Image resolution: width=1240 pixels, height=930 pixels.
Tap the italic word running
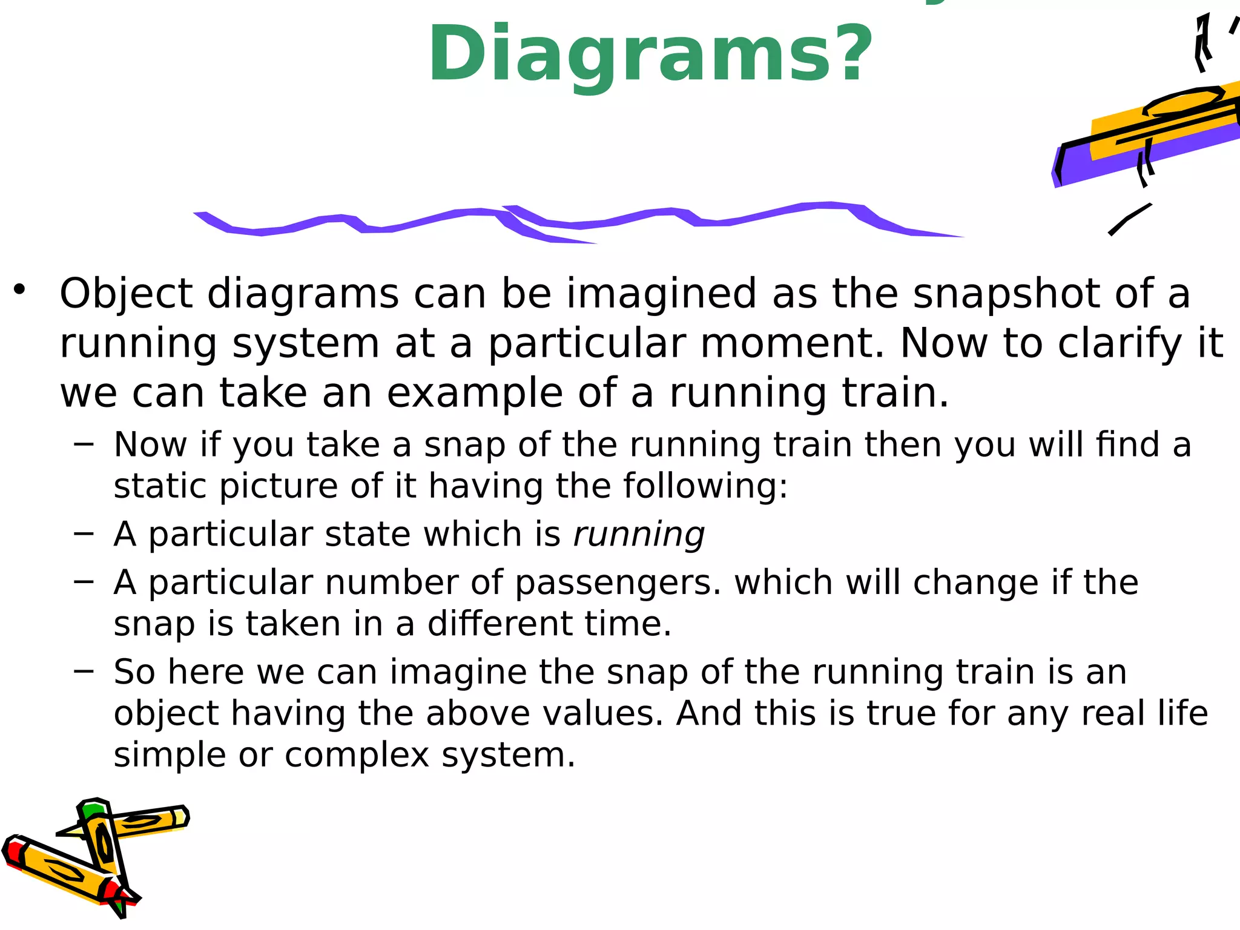pyautogui.click(x=639, y=535)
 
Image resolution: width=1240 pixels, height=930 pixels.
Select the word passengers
pyautogui.click(x=618, y=583)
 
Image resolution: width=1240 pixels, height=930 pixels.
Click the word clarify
pyautogui.click(x=1120, y=345)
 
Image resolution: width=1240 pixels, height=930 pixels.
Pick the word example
pyautogui.click(x=475, y=394)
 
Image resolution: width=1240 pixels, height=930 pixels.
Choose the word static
pyautogui.click(x=159, y=486)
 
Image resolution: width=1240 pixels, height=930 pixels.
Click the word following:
pyautogui.click(x=706, y=486)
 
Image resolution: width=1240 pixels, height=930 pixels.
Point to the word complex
pyautogui.click(x=357, y=756)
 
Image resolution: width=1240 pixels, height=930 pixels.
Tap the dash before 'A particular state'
pyautogui.click(x=84, y=533)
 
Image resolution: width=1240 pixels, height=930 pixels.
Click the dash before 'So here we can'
pyautogui.click(x=84, y=671)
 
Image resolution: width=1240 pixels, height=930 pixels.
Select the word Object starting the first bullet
pyautogui.click(x=126, y=294)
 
